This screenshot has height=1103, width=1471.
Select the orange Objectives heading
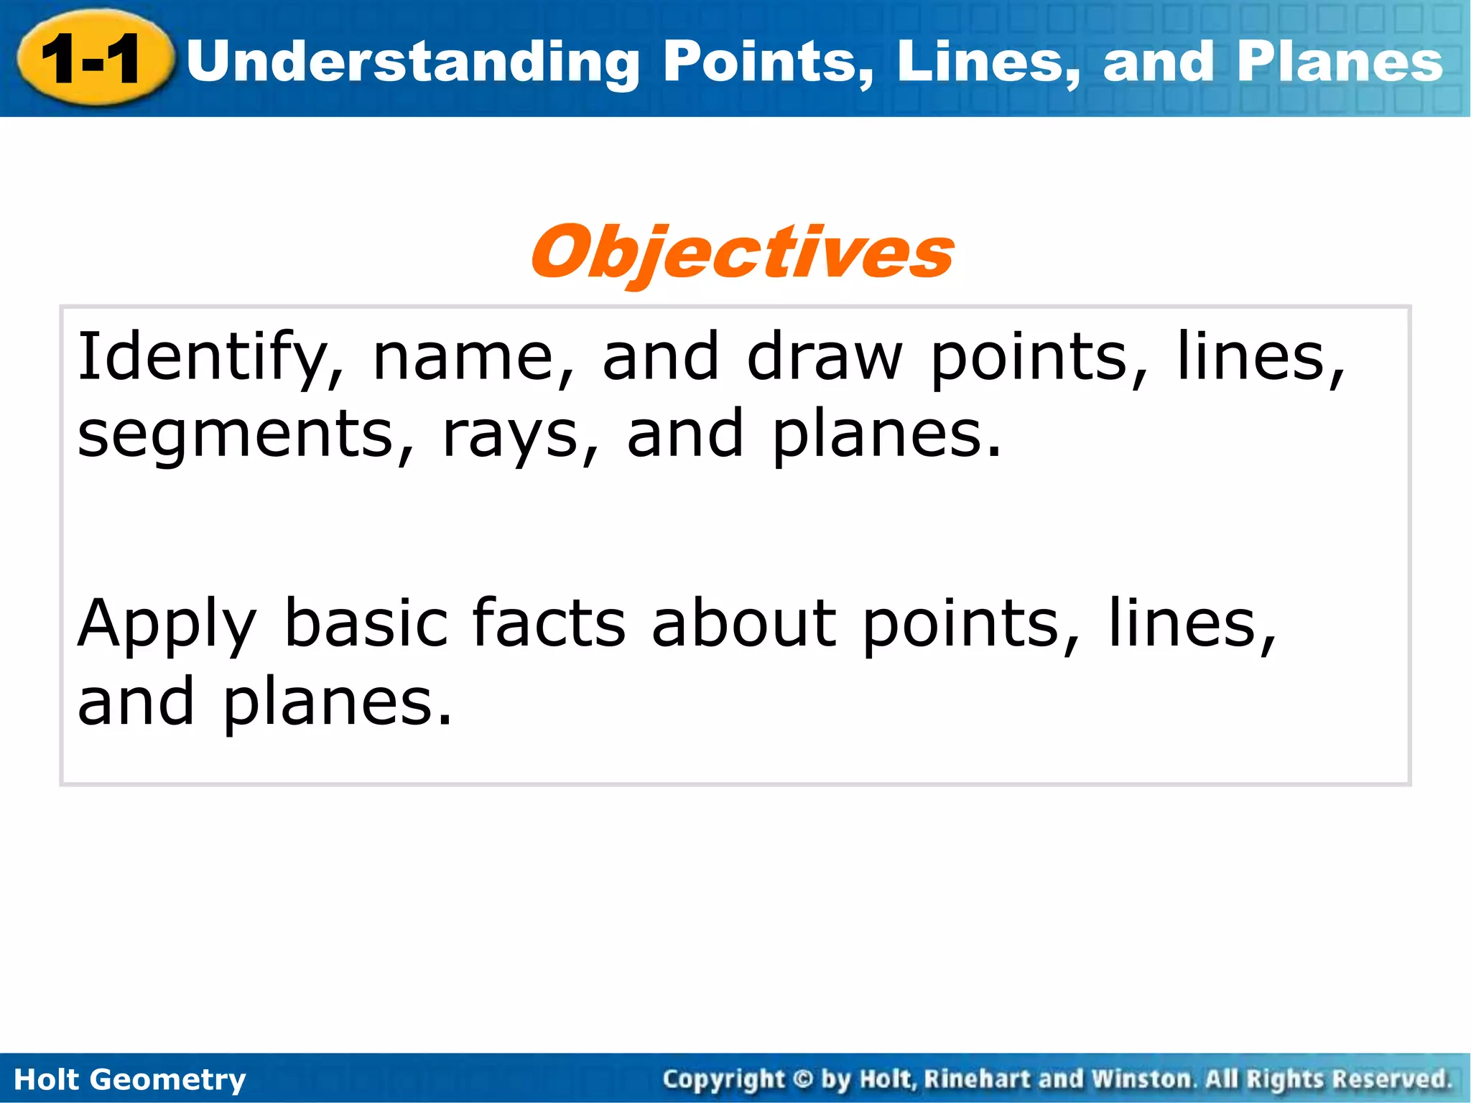pyautogui.click(x=742, y=253)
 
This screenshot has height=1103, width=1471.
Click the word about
pyautogui.click(x=744, y=623)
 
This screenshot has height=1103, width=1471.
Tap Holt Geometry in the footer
pyautogui.click(x=130, y=1079)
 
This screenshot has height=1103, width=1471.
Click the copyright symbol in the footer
pyautogui.click(x=803, y=1079)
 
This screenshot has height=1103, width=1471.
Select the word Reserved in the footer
pyautogui.click(x=1391, y=1079)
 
